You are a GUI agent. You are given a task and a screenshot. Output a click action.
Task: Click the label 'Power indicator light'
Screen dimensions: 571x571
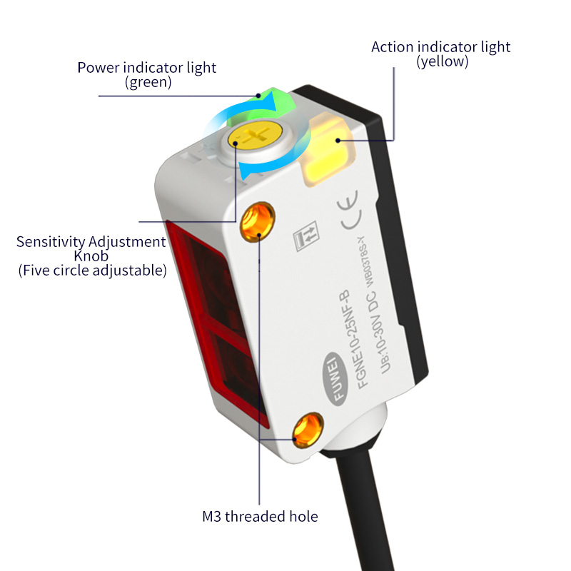tap(147, 69)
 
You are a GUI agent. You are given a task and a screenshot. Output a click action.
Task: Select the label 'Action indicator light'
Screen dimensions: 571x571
tap(441, 47)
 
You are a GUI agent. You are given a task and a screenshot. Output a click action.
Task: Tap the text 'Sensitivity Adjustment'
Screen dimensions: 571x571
tap(91, 242)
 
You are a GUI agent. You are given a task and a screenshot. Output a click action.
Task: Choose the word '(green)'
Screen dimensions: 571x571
tap(148, 83)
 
